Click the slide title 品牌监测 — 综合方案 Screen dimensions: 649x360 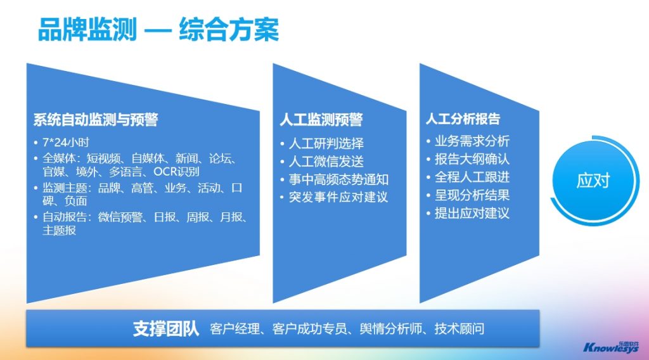(x=158, y=29)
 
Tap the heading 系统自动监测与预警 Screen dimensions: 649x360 (x=96, y=120)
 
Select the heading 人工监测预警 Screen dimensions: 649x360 (x=321, y=120)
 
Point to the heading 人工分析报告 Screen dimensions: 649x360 (x=463, y=119)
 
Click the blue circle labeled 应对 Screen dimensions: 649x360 (x=593, y=181)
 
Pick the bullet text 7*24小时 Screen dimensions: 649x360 (x=66, y=143)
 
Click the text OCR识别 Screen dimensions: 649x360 (x=176, y=171)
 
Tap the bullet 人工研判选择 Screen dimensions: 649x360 (x=326, y=144)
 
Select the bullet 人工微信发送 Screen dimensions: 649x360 (x=326, y=162)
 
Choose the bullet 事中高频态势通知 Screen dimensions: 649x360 (x=338, y=179)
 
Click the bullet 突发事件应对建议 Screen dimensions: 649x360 (x=338, y=197)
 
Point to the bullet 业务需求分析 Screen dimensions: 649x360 (x=472, y=141)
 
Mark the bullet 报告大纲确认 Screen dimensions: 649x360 (x=472, y=159)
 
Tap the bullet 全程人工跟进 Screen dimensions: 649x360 (x=472, y=177)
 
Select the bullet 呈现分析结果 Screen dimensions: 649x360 (x=472, y=195)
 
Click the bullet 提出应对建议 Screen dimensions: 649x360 (x=472, y=213)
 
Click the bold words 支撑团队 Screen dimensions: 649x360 (x=166, y=328)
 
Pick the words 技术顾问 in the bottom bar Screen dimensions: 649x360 (x=459, y=328)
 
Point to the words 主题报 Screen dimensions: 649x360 (x=59, y=230)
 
